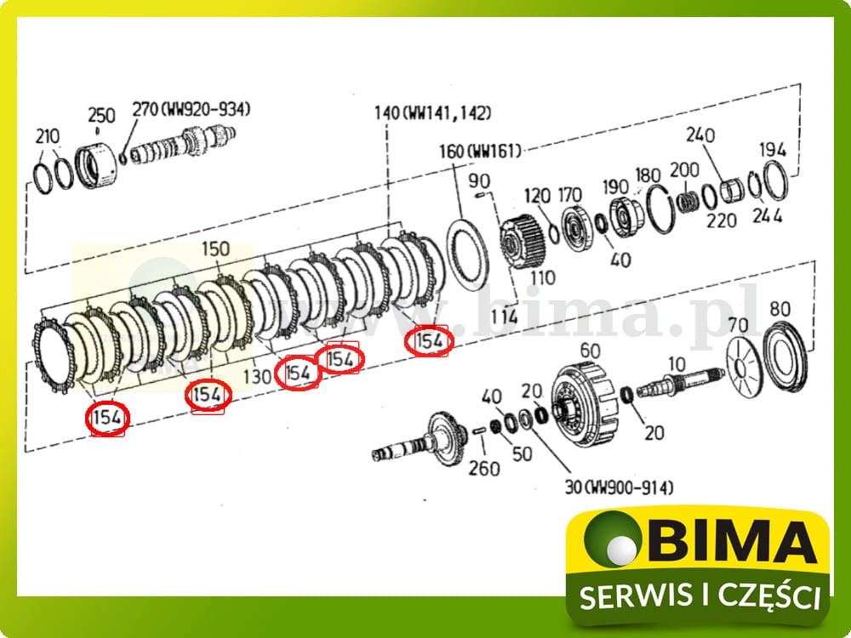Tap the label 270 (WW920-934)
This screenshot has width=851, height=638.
[x=191, y=109]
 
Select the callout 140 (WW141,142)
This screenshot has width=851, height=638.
[x=433, y=113]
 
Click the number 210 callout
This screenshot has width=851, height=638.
[x=48, y=136]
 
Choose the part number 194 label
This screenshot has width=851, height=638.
[x=773, y=150]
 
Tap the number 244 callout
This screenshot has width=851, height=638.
[x=767, y=216]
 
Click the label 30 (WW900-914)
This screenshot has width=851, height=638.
[x=620, y=487]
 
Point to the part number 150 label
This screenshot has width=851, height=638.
[x=215, y=249]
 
